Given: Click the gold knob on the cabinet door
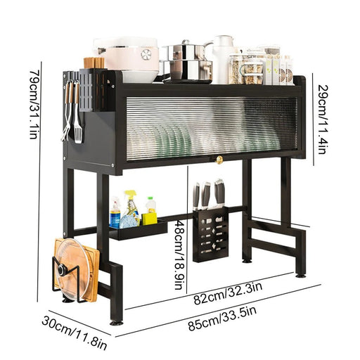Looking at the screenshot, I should click(219, 160).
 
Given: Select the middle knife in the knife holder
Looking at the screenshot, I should click(207, 195).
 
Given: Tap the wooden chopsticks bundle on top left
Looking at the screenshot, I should click(94, 63).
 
